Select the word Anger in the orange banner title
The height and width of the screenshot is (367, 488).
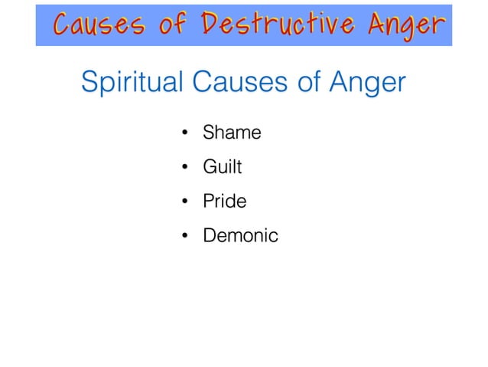(x=406, y=26)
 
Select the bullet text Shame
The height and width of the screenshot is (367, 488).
(x=232, y=133)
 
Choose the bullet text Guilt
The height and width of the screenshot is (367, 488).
(x=223, y=167)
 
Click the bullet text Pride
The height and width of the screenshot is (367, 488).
(x=225, y=202)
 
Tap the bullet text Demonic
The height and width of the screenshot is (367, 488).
(x=240, y=236)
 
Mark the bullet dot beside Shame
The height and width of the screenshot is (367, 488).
(x=184, y=134)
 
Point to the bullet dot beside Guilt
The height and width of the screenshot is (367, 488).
(x=184, y=168)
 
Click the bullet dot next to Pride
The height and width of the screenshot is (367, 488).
(x=184, y=202)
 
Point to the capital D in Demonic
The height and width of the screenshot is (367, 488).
(x=209, y=236)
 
